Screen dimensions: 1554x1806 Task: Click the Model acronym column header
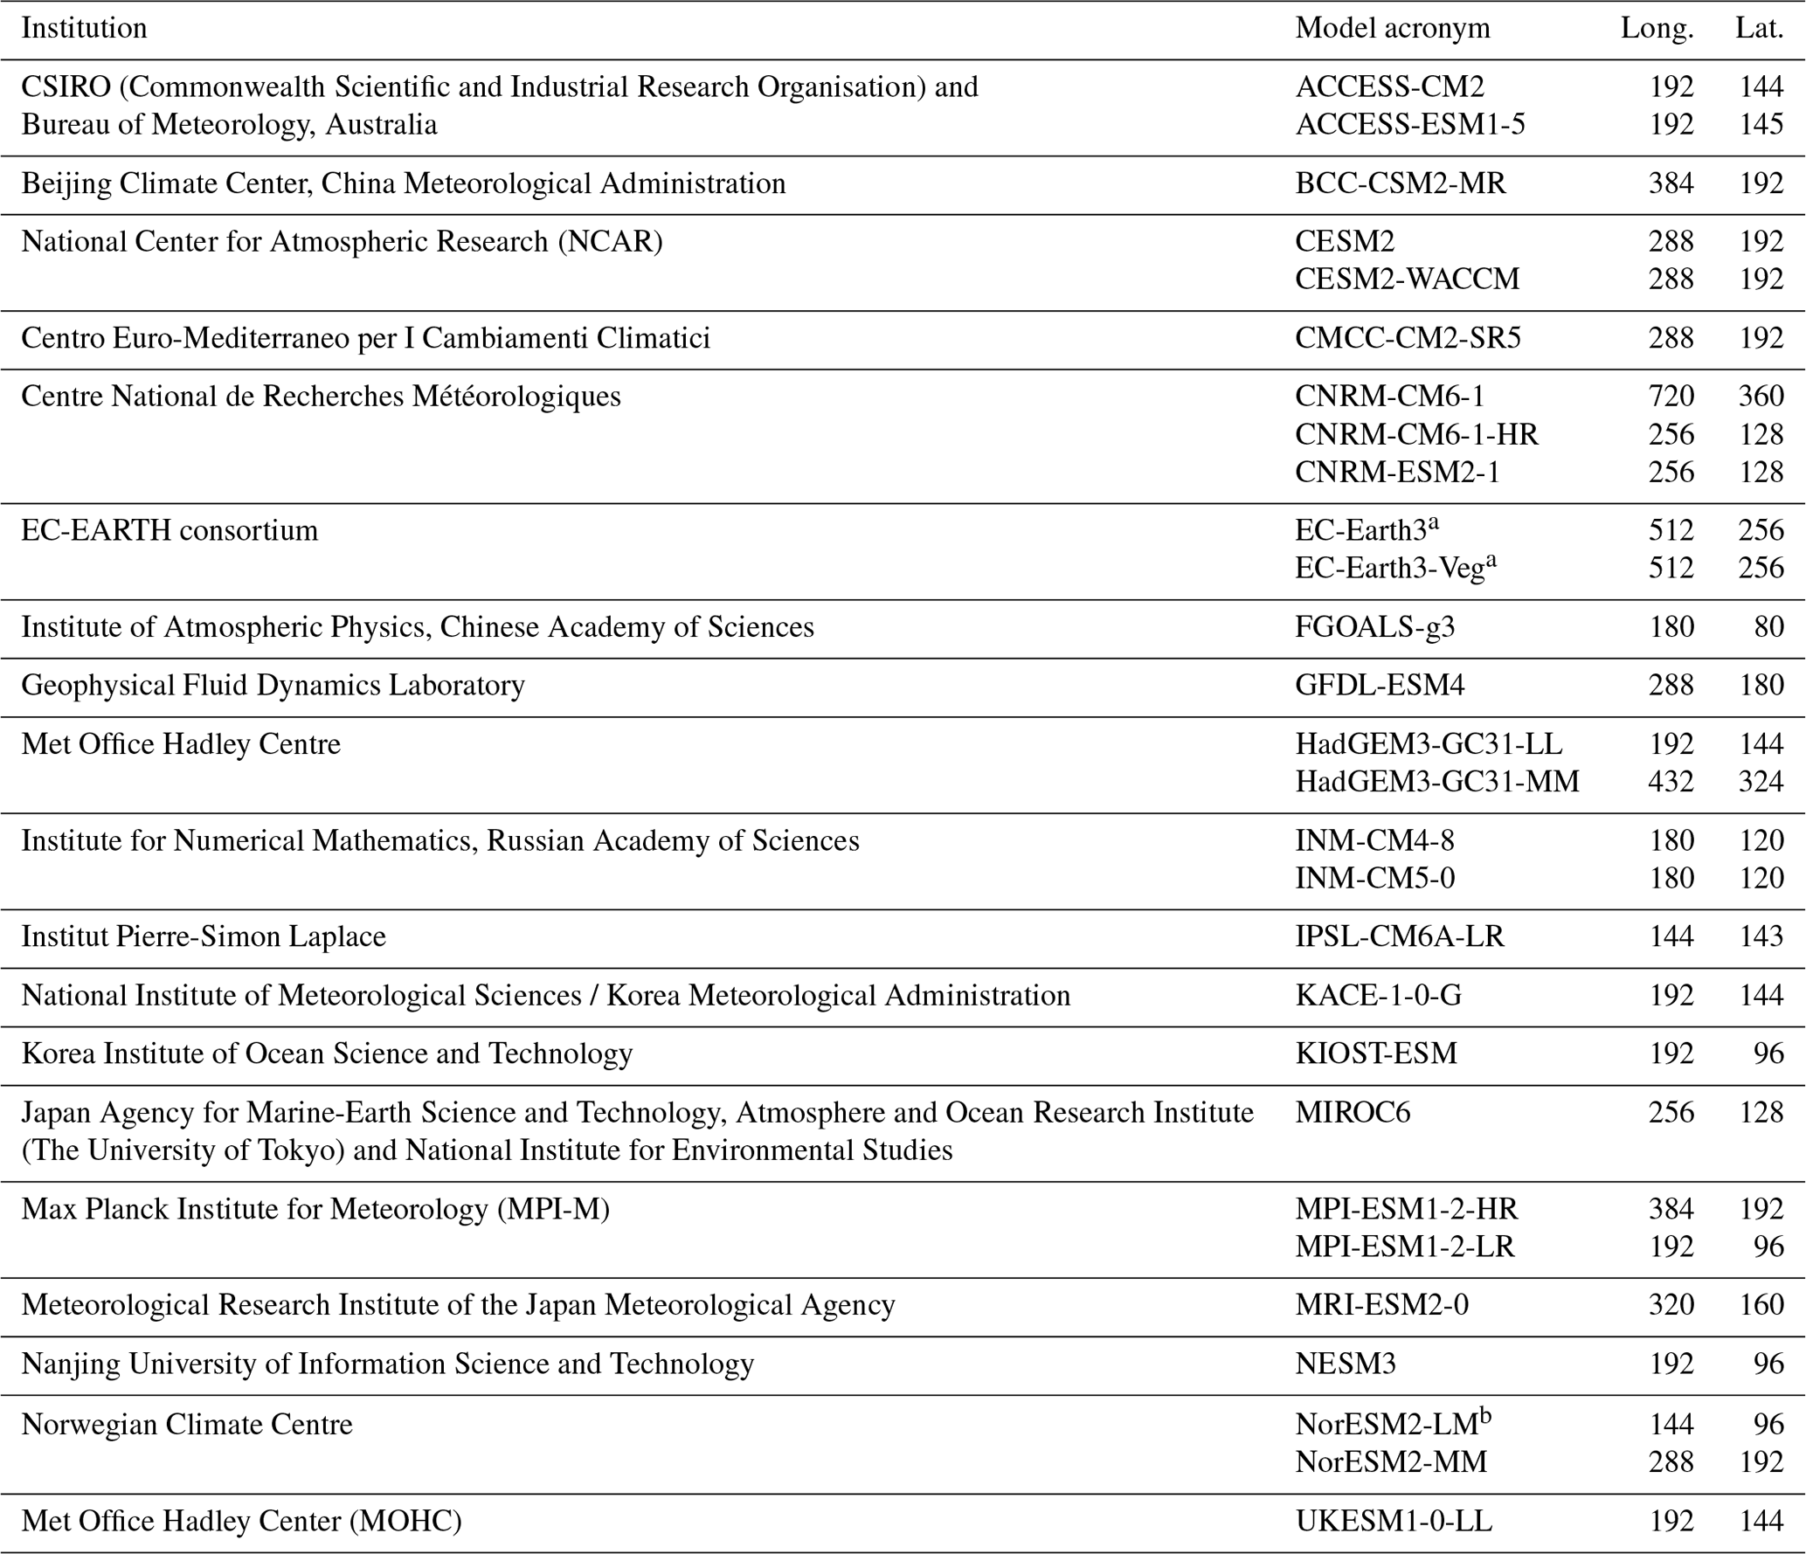(1392, 29)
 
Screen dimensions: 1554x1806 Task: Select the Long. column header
(1657, 29)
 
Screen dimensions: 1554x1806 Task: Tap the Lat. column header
(1759, 29)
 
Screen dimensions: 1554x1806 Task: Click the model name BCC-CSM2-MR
(1400, 183)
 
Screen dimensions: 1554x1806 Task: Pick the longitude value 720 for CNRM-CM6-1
(1671, 397)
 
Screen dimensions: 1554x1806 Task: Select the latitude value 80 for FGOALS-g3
(1768, 627)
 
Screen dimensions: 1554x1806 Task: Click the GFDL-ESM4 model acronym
(1379, 686)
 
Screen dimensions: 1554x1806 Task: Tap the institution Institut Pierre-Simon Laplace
(203, 936)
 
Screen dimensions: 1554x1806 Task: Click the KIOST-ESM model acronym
(1375, 1053)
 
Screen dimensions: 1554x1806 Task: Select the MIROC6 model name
(1352, 1113)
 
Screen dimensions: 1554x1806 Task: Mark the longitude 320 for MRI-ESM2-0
(1671, 1305)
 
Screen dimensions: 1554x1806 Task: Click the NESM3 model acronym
(1345, 1364)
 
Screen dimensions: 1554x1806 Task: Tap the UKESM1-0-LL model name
(1393, 1521)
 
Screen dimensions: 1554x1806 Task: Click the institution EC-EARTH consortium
(170, 531)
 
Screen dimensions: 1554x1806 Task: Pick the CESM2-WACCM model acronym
(1407, 280)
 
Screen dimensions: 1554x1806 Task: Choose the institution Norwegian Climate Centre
(186, 1425)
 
